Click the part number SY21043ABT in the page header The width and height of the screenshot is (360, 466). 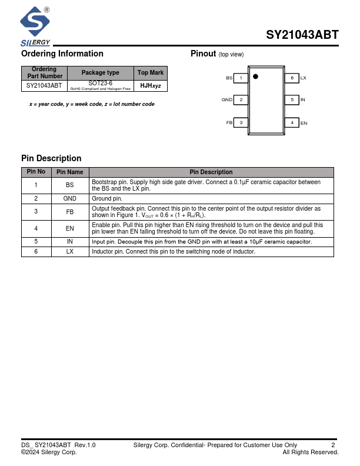click(302, 35)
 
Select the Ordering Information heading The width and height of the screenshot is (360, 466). click(62, 54)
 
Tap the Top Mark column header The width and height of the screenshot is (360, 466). click(151, 73)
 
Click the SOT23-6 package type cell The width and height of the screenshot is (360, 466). click(100, 85)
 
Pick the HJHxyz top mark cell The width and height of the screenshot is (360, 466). click(151, 86)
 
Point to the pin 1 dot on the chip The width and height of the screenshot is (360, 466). click(255, 76)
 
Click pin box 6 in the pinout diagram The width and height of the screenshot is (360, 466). click(292, 78)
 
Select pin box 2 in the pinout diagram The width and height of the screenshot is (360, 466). click(241, 100)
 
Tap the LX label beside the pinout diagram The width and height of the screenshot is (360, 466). click(304, 78)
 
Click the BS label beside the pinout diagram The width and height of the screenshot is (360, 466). click(229, 78)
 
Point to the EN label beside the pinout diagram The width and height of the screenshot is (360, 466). click(304, 123)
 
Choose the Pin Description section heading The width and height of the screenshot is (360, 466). click(51, 158)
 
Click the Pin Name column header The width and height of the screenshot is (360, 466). click(70, 172)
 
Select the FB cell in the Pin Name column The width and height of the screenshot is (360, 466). click(70, 212)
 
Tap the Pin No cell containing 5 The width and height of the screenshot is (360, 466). click(36, 241)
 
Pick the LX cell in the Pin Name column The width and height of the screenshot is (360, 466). click(70, 251)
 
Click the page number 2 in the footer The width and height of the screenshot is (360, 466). click(333, 445)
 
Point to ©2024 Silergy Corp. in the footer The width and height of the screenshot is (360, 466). click(49, 452)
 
